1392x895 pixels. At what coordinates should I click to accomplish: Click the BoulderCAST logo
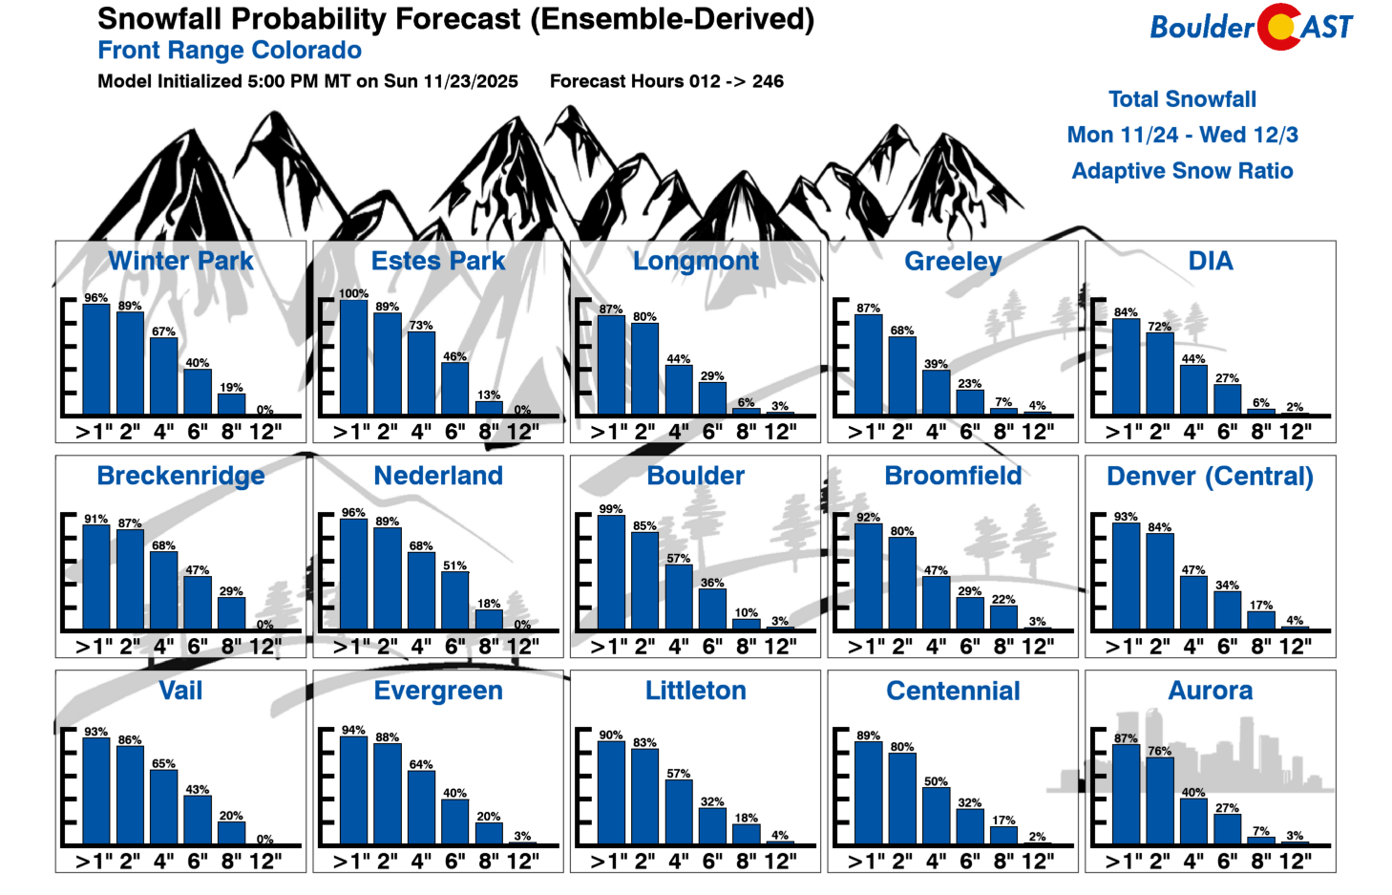1251,27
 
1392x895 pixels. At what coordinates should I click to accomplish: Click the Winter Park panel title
180,261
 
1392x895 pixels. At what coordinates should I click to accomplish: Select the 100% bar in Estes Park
353,357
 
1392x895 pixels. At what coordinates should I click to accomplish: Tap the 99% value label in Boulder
611,509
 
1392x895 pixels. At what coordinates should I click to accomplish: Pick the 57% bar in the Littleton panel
679,812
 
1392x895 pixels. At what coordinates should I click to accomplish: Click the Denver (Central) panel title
1210,476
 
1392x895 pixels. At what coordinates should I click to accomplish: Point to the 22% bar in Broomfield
1003,617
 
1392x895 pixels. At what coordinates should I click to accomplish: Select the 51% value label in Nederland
454,565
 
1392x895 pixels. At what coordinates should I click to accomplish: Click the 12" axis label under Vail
265,861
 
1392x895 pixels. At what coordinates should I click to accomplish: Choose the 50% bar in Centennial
936,816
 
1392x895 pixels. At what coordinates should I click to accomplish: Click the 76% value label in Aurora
1160,751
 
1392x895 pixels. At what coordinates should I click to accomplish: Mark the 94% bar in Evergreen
353,790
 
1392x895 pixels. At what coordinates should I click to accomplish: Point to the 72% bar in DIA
1160,373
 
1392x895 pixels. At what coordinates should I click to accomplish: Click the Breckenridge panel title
180,476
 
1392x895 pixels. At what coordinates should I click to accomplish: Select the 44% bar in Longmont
679,390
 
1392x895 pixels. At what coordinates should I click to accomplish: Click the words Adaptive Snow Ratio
1182,171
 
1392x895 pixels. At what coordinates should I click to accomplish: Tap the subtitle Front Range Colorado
229,51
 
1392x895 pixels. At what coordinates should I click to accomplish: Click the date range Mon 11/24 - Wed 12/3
1182,135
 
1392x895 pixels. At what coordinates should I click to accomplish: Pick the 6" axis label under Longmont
712,432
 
